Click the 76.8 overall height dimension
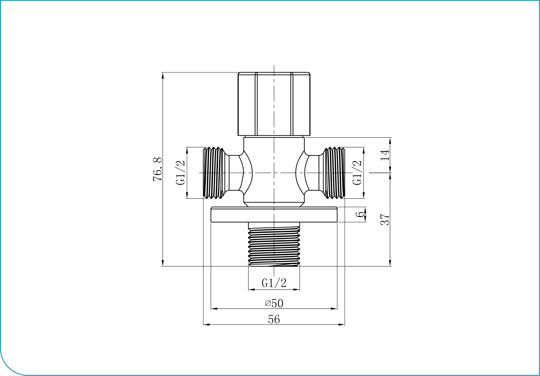(x=157, y=169)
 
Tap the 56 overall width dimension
(x=274, y=319)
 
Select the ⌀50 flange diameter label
(x=274, y=303)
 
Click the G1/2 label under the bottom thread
(x=274, y=283)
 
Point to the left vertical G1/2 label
(x=180, y=173)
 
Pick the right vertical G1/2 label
(x=357, y=173)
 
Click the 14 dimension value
(x=385, y=155)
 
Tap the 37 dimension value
(x=385, y=220)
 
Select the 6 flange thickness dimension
(x=360, y=214)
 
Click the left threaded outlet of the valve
(x=214, y=173)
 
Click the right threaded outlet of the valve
(x=334, y=173)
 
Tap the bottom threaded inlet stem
(x=274, y=246)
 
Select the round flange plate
(x=274, y=215)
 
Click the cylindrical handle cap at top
(x=274, y=104)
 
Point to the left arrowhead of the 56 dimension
(x=206, y=325)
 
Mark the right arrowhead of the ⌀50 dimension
(x=334, y=309)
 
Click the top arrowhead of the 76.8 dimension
(x=163, y=75)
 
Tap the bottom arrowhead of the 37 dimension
(x=390, y=263)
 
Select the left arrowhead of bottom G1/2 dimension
(x=251, y=290)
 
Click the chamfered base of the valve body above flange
(x=274, y=205)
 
